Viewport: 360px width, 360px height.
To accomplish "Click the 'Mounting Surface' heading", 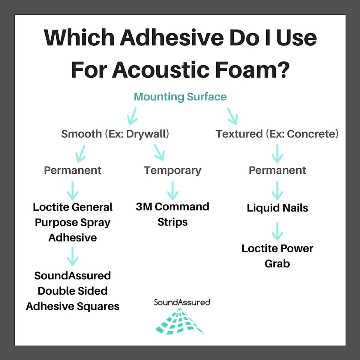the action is pyautogui.click(x=180, y=97).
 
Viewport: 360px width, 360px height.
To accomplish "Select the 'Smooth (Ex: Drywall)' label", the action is pyautogui.click(x=115, y=134).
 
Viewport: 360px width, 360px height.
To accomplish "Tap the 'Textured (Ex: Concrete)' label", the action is pyautogui.click(x=277, y=134).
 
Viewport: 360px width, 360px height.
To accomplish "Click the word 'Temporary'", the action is pyautogui.click(x=172, y=171).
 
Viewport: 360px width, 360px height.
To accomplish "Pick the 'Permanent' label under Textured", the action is pyautogui.click(x=277, y=170).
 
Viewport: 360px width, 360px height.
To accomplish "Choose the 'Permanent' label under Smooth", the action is pyautogui.click(x=73, y=170).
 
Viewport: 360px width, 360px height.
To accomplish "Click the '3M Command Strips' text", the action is pyautogui.click(x=172, y=214).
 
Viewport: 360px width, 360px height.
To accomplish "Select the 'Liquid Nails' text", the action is pyautogui.click(x=277, y=208).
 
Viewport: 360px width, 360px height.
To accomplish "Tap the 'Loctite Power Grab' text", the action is pyautogui.click(x=277, y=256).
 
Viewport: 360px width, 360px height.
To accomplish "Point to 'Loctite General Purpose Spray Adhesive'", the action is pyautogui.click(x=73, y=222).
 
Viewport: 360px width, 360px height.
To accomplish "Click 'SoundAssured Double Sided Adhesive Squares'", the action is pyautogui.click(x=73, y=291).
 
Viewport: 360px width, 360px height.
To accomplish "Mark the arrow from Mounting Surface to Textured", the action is pyautogui.click(x=232, y=116).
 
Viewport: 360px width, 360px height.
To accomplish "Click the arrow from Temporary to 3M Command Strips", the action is pyautogui.click(x=172, y=190).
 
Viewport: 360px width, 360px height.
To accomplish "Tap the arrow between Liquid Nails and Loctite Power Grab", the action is pyautogui.click(x=277, y=232).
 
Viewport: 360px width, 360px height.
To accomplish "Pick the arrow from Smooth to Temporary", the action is pyautogui.click(x=159, y=152).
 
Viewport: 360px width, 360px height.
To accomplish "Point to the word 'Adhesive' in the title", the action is pyautogui.click(x=172, y=37).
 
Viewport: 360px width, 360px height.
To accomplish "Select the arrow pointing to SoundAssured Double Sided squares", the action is pyautogui.click(x=73, y=256).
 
